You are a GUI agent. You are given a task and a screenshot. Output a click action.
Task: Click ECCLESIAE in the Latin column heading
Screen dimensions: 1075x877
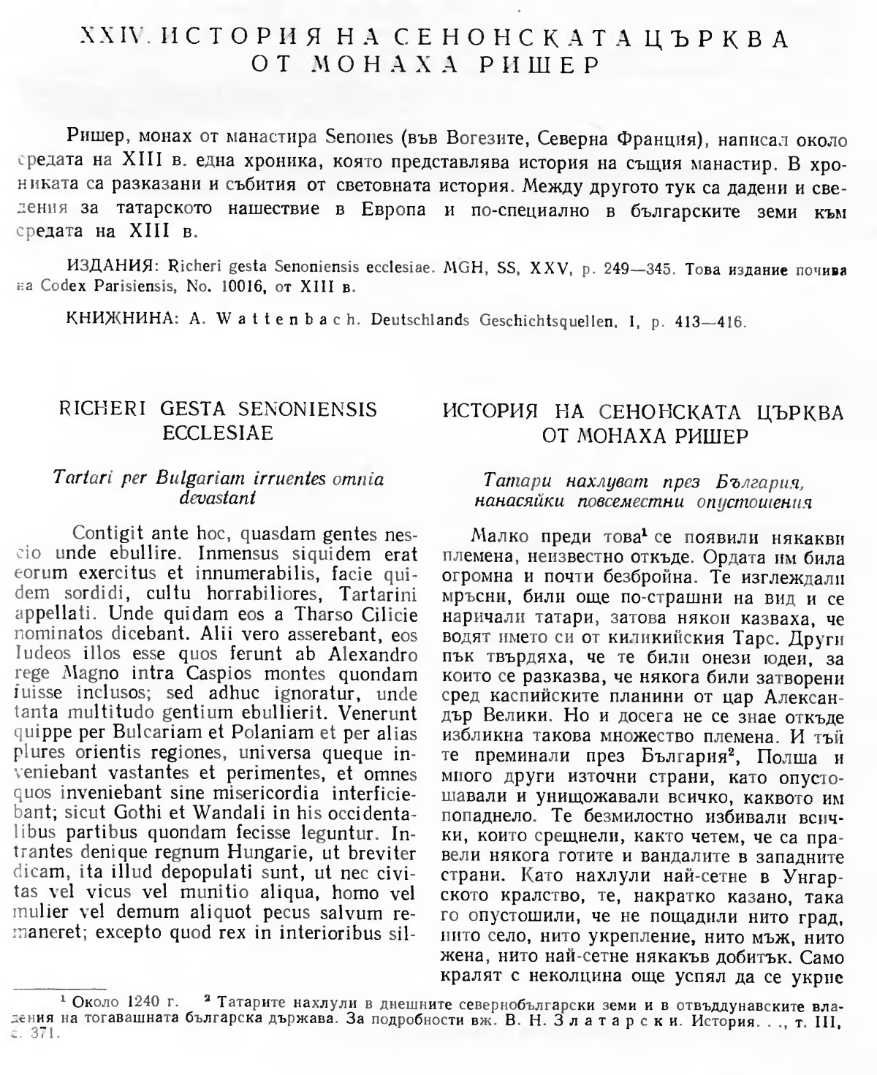(x=217, y=433)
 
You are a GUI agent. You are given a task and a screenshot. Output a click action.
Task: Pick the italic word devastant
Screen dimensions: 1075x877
(x=219, y=497)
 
